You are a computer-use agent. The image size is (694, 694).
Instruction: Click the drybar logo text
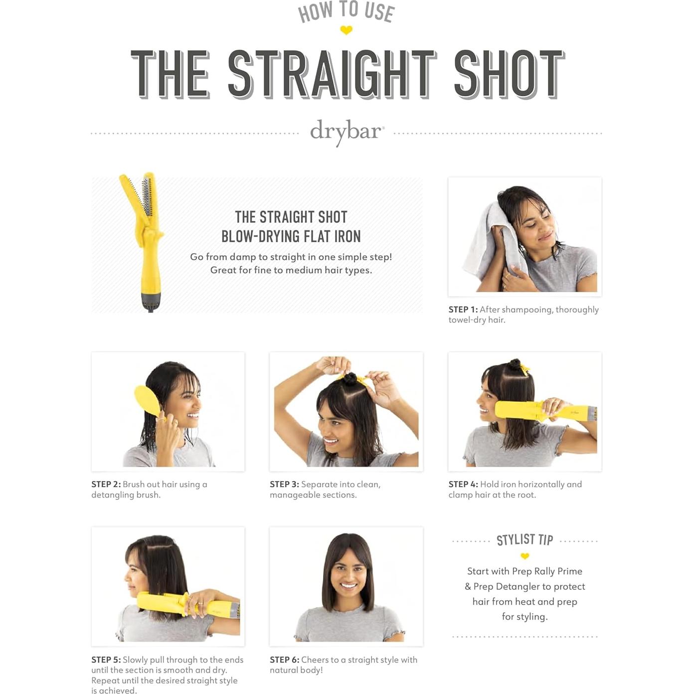(x=347, y=131)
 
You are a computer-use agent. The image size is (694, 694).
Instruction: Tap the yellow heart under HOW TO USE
(x=346, y=30)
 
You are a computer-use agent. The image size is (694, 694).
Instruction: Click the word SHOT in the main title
(x=509, y=74)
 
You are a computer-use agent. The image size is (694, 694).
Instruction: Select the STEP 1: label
(x=463, y=310)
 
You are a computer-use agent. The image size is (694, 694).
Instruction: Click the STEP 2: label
(x=106, y=485)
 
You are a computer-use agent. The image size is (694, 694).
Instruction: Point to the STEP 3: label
(x=284, y=485)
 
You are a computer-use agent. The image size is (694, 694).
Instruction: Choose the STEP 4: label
(x=463, y=485)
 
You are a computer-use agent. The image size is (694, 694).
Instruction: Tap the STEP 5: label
(x=106, y=660)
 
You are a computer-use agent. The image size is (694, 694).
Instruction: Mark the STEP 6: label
(x=284, y=660)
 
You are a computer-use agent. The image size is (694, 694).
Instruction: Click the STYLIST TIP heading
(x=524, y=540)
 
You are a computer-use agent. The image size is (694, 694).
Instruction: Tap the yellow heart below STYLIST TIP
(x=524, y=556)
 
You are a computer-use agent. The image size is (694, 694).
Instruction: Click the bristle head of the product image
(x=147, y=194)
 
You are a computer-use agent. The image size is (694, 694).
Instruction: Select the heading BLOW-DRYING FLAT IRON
(x=291, y=236)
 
